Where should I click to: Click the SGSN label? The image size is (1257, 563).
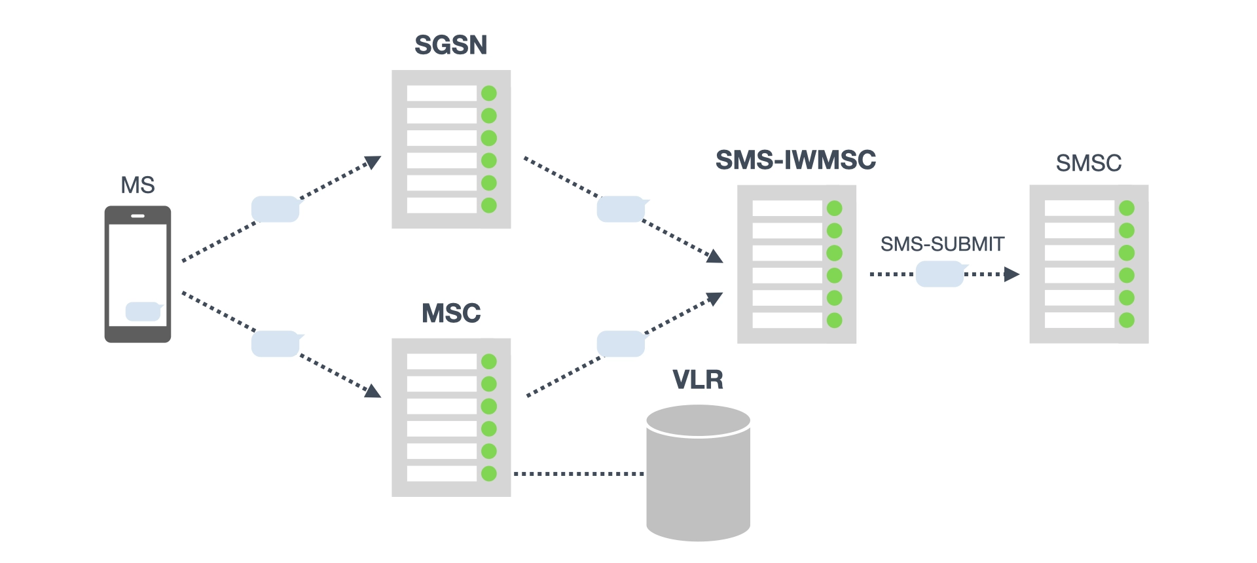(x=451, y=45)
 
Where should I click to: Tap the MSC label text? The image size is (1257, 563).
(x=451, y=314)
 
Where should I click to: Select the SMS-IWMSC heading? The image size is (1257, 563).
(x=795, y=160)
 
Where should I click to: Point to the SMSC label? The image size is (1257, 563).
(x=1088, y=163)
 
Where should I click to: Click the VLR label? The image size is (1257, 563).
(x=698, y=380)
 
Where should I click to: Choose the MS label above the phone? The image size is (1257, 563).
(x=137, y=185)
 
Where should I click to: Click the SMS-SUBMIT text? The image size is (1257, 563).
(x=942, y=244)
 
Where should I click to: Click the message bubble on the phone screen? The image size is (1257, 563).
(x=143, y=312)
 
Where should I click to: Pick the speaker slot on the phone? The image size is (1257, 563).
(x=137, y=215)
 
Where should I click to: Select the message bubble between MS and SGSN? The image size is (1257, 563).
(x=276, y=209)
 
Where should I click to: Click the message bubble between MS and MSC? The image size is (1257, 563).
(x=276, y=344)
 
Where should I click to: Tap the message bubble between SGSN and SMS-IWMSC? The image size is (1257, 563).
(x=621, y=209)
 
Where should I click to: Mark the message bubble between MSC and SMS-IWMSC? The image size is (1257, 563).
(x=621, y=344)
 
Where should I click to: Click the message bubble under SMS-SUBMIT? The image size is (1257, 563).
(x=939, y=274)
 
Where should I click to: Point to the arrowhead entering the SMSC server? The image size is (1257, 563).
(x=1012, y=274)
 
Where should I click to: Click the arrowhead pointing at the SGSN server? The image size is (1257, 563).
(x=373, y=162)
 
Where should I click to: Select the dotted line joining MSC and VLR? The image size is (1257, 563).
(x=579, y=473)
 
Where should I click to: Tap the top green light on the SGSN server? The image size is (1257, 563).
(x=489, y=94)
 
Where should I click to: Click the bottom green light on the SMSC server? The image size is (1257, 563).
(x=1127, y=320)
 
